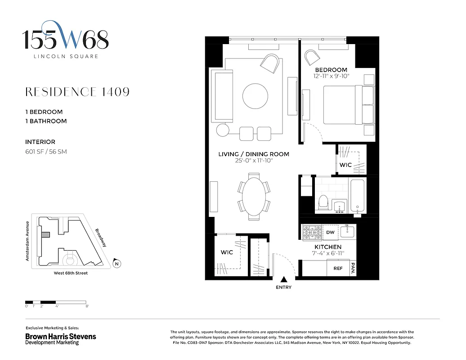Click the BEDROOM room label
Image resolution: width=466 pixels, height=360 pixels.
(x=331, y=70)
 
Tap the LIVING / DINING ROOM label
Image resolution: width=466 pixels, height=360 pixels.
(x=253, y=154)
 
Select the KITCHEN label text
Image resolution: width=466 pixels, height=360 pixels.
(x=327, y=247)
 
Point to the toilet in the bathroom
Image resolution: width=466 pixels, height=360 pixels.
(x=323, y=202)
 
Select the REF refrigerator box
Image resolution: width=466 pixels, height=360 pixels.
(x=338, y=268)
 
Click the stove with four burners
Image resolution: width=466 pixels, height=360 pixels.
(x=312, y=232)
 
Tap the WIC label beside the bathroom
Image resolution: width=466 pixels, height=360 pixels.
(x=345, y=165)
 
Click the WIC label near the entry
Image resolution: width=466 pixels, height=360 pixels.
(x=227, y=252)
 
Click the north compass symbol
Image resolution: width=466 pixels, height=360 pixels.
(x=116, y=264)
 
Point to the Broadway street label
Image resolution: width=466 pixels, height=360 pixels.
(x=100, y=238)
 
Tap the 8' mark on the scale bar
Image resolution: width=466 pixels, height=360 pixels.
(x=87, y=306)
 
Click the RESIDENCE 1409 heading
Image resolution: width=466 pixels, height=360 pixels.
(x=77, y=92)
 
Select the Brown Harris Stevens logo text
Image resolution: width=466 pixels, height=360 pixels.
(x=60, y=336)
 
